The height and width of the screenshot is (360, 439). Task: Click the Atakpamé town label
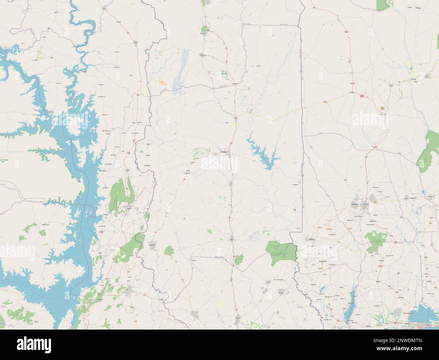(x=225, y=152)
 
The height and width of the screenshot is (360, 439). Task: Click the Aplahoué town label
(x=311, y=239)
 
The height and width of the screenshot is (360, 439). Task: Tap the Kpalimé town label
(x=151, y=245)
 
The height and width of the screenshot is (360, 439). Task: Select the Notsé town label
(x=232, y=239)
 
